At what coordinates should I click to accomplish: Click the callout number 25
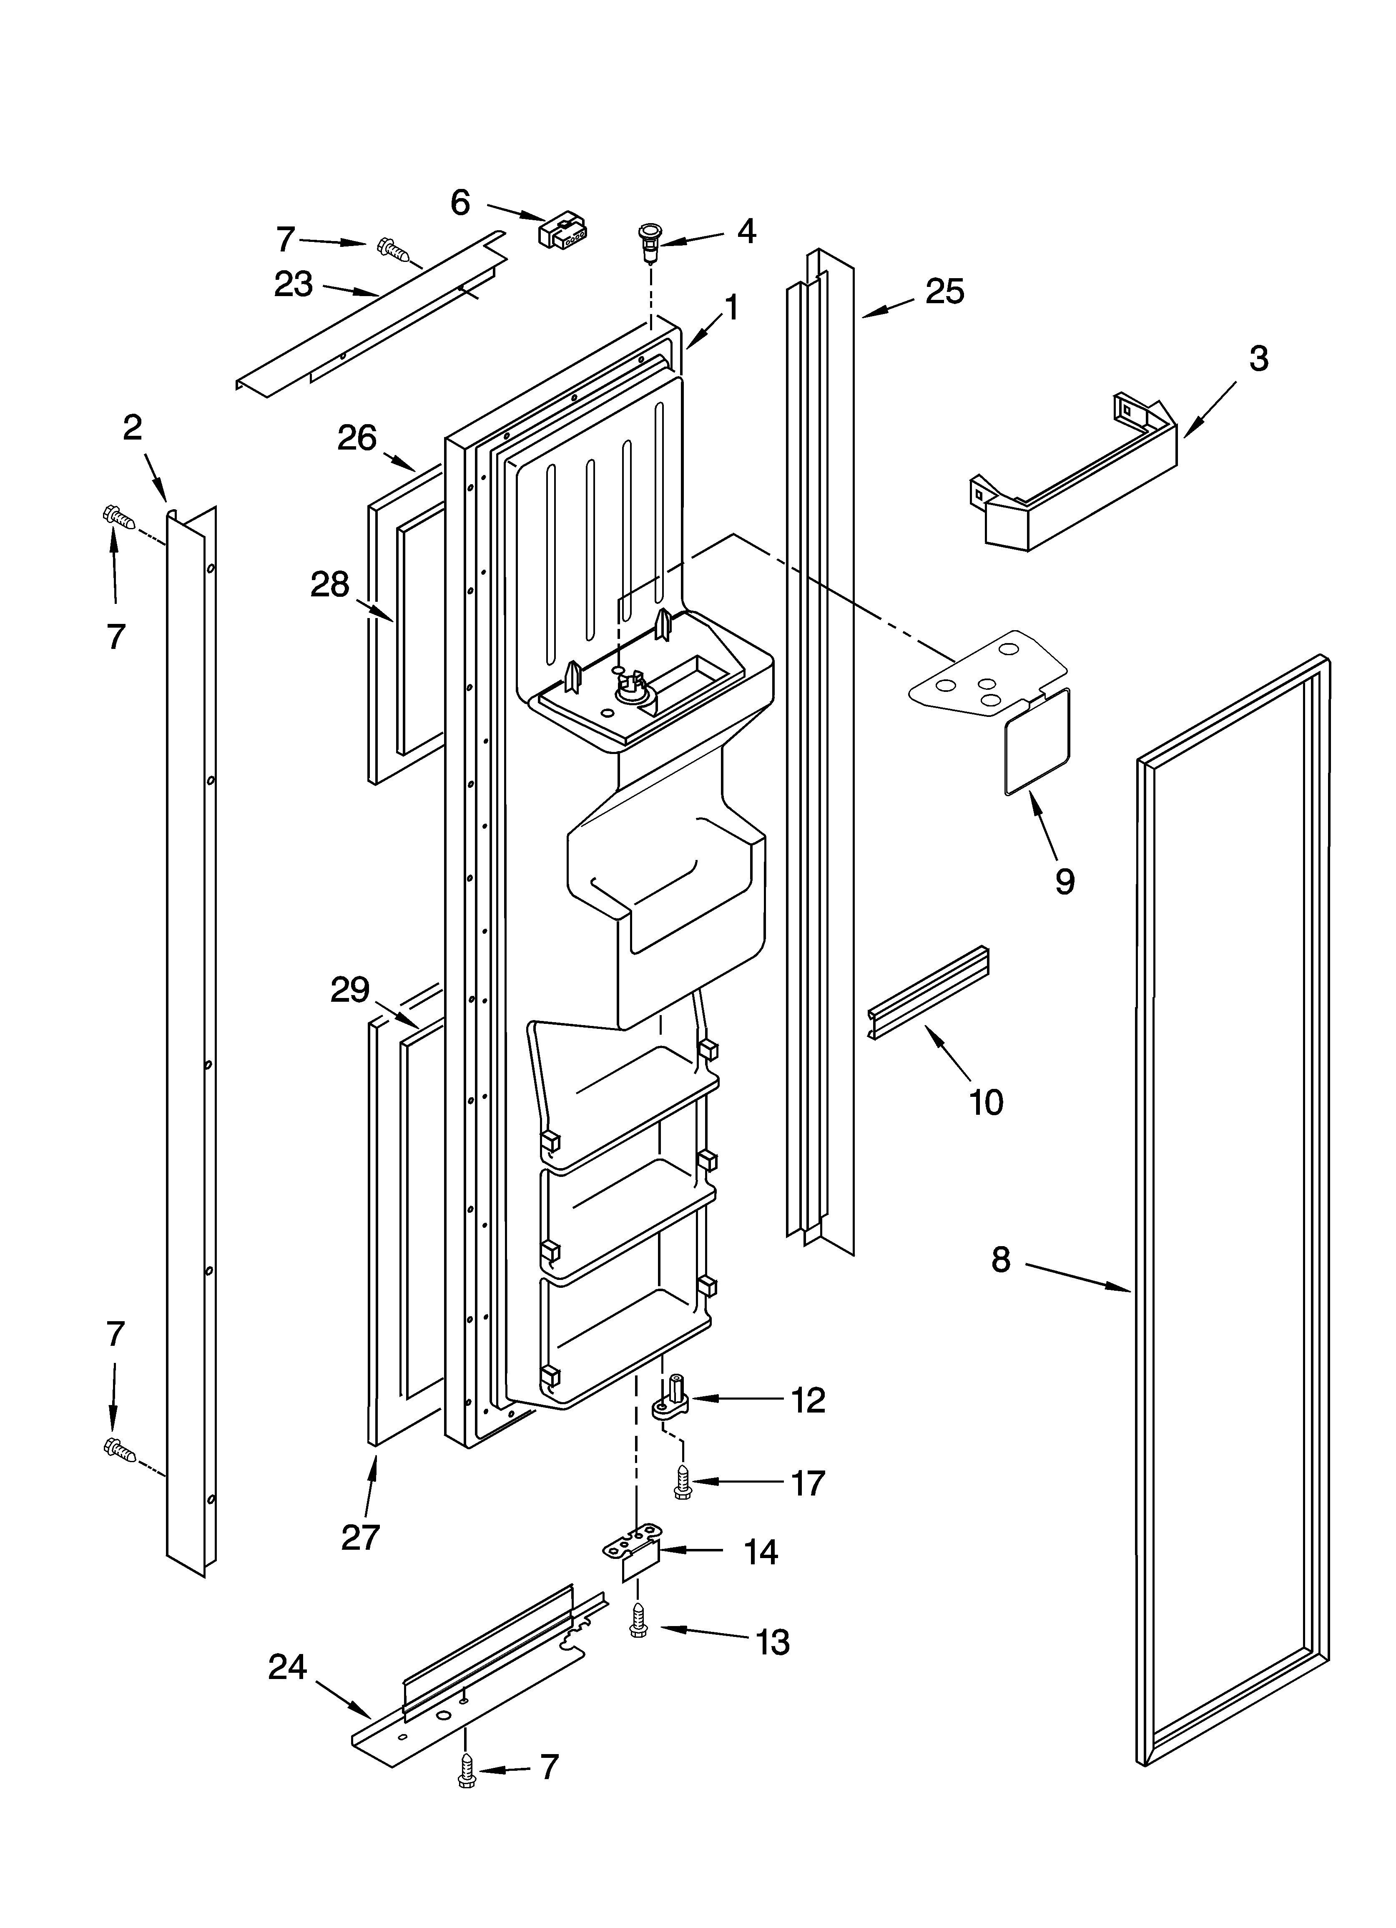click(x=944, y=292)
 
